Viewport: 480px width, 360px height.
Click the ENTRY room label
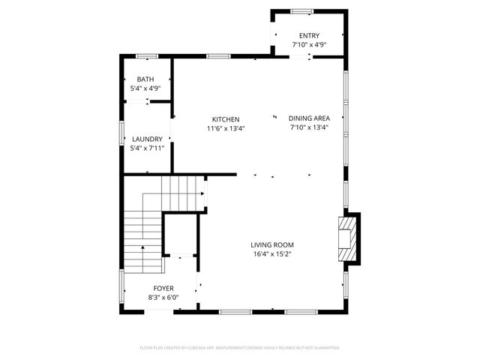pyautogui.click(x=309, y=35)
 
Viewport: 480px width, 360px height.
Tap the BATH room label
pyautogui.click(x=145, y=79)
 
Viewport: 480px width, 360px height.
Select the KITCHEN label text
pyautogui.click(x=226, y=119)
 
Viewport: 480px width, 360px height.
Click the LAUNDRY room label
pyautogui.click(x=147, y=139)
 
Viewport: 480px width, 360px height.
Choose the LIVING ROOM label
pyautogui.click(x=271, y=244)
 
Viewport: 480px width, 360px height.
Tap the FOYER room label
pyautogui.click(x=163, y=288)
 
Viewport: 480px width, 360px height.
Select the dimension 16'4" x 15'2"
pyautogui.click(x=271, y=254)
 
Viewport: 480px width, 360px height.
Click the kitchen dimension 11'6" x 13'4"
pyautogui.click(x=226, y=128)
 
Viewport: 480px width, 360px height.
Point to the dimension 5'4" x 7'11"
pyautogui.click(x=147, y=148)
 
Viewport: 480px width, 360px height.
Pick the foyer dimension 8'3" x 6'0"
pyautogui.click(x=163, y=298)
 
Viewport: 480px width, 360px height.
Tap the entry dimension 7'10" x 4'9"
pyautogui.click(x=309, y=45)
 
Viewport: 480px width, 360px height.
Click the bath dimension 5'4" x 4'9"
pyautogui.click(x=145, y=88)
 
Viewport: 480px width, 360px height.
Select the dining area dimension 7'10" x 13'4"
pyautogui.click(x=309, y=128)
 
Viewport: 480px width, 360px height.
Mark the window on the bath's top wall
pyautogui.click(x=147, y=55)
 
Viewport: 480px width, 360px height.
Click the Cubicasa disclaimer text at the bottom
pyautogui.click(x=240, y=348)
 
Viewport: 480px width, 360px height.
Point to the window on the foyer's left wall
pyautogui.click(x=121, y=289)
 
